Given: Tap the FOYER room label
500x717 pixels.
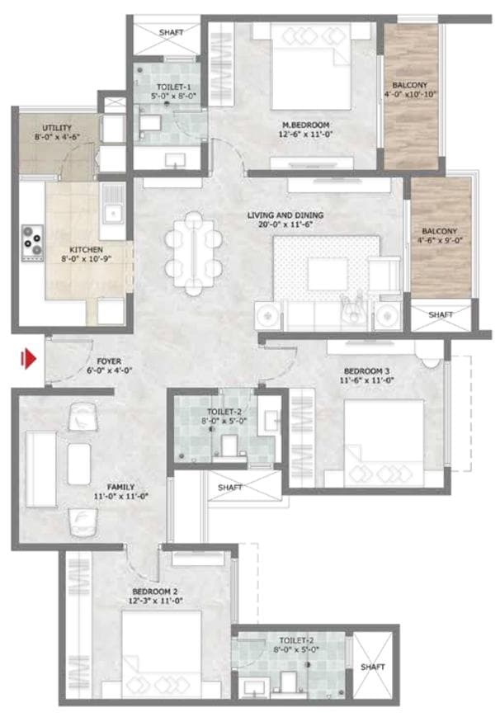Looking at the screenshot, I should tap(109, 361).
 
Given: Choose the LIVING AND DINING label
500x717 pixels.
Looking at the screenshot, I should tap(285, 215).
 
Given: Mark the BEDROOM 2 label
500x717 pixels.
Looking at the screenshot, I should tap(156, 592).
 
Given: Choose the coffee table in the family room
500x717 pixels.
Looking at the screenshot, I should tap(79, 464).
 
